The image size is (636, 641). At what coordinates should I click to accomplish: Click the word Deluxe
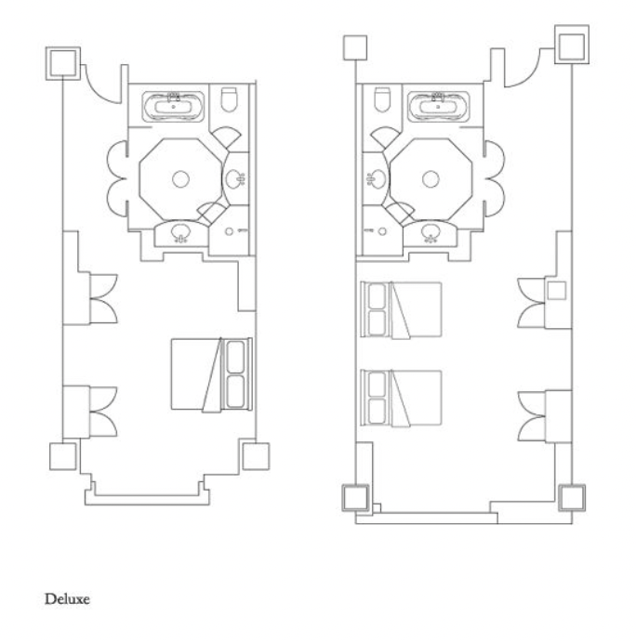tap(67, 599)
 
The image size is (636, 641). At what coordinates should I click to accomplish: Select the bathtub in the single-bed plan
tap(173, 107)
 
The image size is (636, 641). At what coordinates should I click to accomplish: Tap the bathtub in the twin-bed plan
tap(438, 107)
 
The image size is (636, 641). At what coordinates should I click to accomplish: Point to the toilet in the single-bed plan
tap(229, 98)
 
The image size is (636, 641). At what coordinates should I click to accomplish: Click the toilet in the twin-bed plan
tap(382, 99)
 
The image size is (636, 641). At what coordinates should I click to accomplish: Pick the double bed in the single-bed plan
tap(211, 374)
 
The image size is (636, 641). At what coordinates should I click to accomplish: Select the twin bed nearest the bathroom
tap(401, 310)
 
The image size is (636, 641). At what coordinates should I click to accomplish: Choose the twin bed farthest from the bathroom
tap(401, 399)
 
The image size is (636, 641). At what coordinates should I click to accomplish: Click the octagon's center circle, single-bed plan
tap(180, 179)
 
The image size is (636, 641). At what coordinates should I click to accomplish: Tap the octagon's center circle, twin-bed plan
tap(431, 179)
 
